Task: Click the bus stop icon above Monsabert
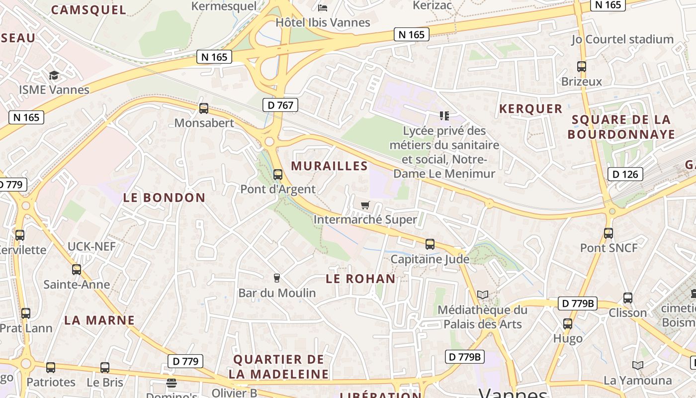203,108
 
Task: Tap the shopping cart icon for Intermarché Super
365,205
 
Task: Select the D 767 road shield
280,105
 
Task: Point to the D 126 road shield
625,174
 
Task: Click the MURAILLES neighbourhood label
329,166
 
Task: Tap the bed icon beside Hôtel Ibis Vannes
323,8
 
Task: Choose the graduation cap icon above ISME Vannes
54,75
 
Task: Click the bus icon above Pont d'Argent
278,175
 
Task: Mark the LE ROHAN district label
360,279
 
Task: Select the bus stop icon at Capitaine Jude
430,244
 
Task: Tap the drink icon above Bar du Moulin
277,278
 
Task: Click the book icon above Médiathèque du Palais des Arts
482,295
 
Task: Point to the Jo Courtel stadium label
622,39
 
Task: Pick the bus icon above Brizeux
582,66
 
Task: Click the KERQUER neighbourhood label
530,109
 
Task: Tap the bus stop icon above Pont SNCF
609,233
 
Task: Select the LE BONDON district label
164,198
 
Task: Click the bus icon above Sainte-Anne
76,270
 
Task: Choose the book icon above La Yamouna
638,366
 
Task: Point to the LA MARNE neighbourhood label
99,320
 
